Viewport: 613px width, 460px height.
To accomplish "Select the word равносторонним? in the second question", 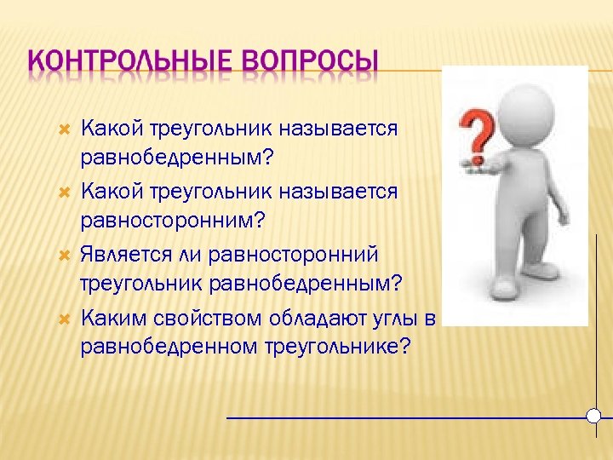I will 173,220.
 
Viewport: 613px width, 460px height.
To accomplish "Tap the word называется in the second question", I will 345,192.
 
